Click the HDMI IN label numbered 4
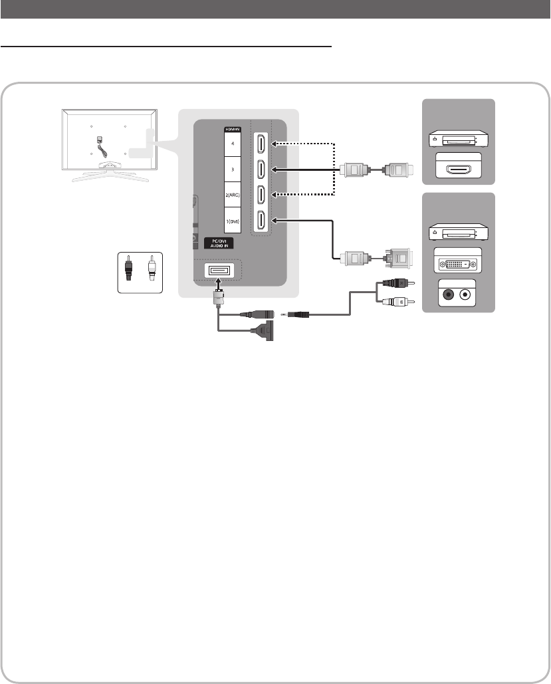pyautogui.click(x=232, y=143)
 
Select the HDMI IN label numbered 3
pyautogui.click(x=232, y=170)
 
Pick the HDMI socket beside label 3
pyautogui.click(x=262, y=170)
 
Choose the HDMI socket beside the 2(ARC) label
pyautogui.click(x=262, y=195)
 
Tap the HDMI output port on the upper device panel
pyautogui.click(x=458, y=169)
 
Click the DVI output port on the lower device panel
pyautogui.click(x=458, y=264)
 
